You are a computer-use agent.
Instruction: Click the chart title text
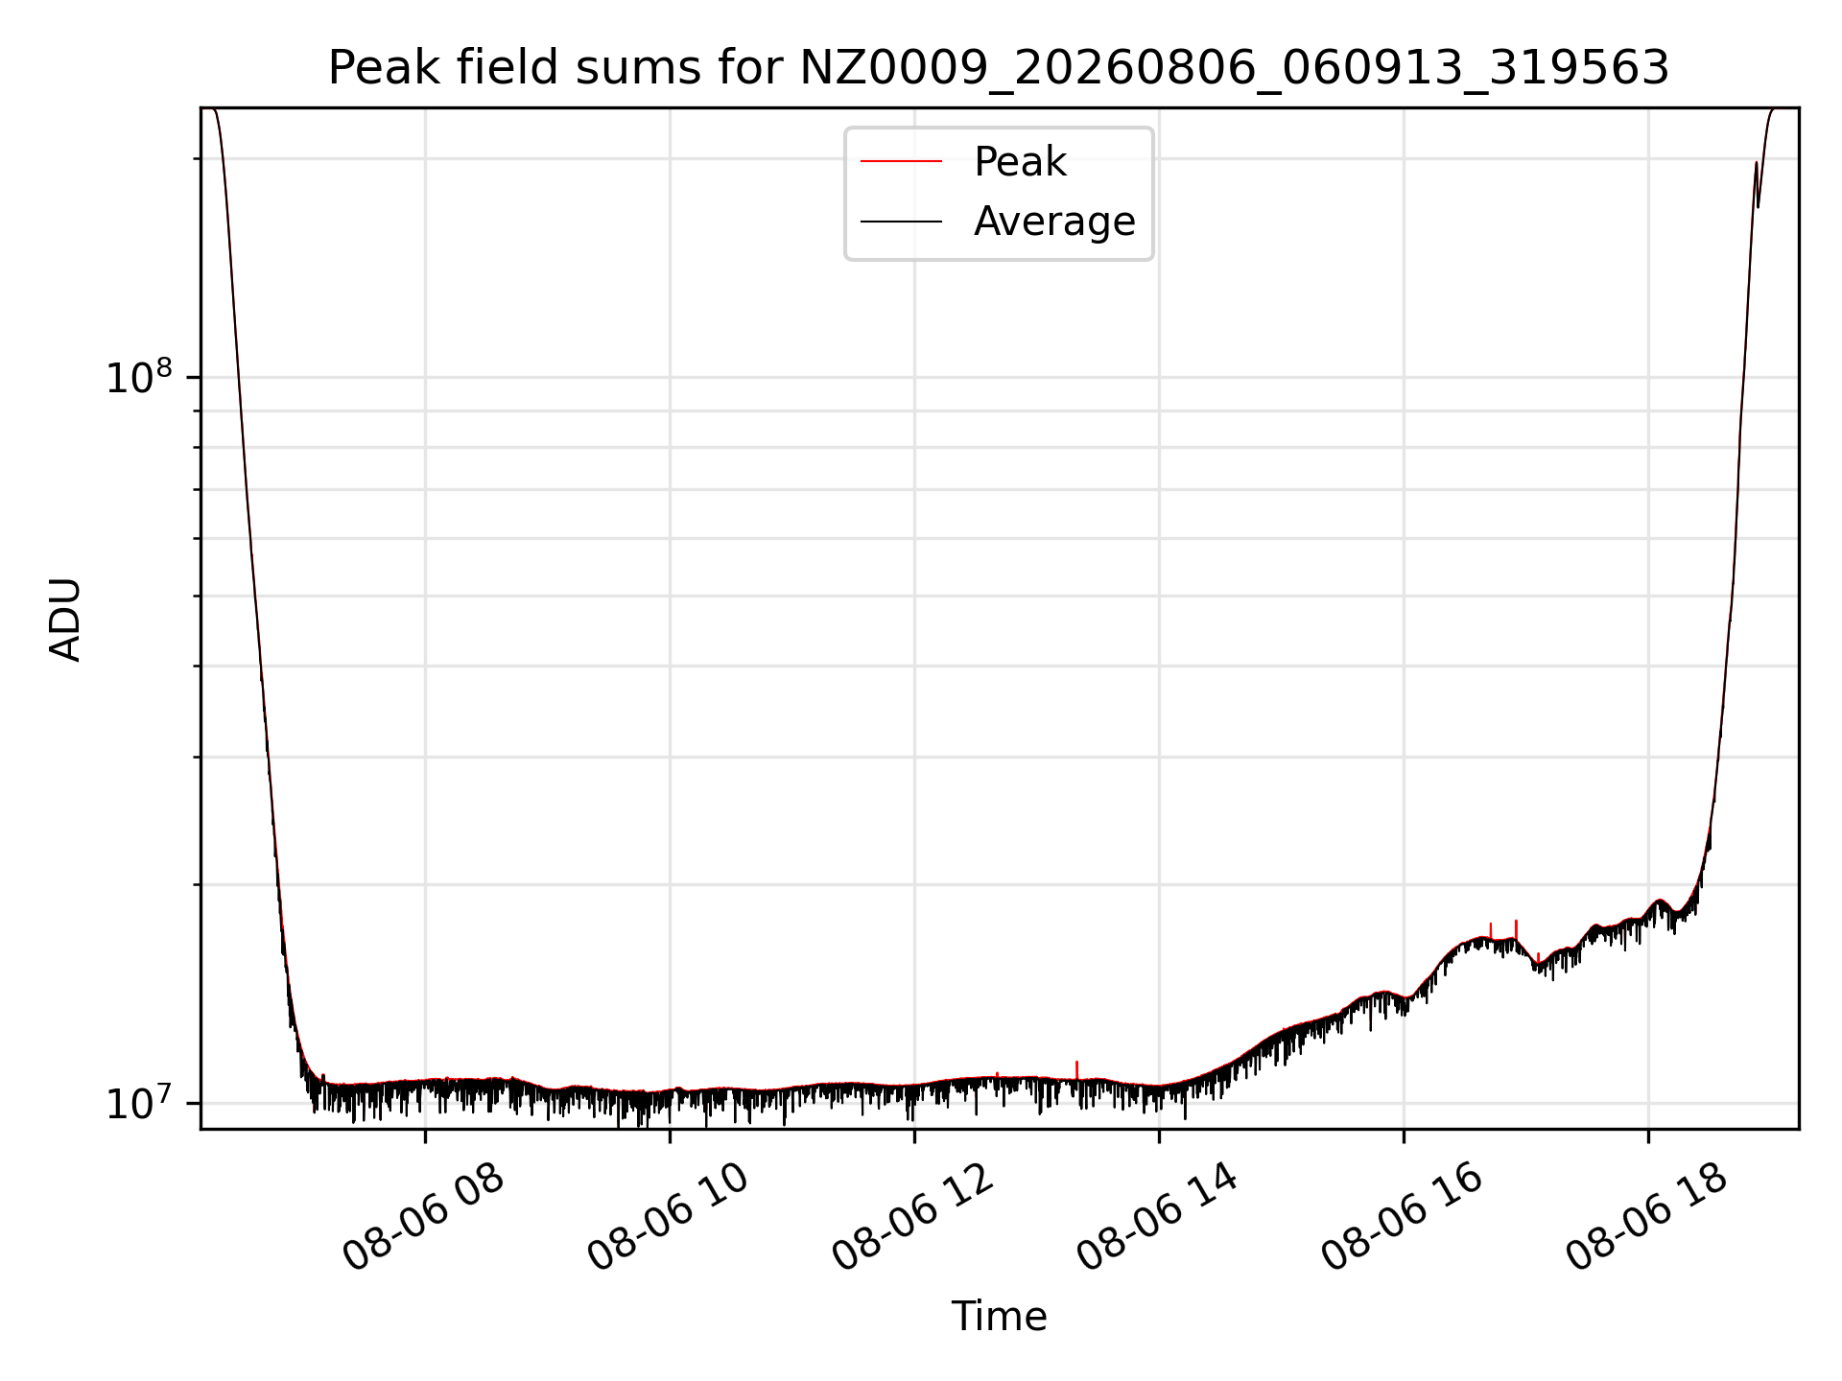click(x=999, y=68)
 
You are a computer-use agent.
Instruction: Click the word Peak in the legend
click(x=1020, y=162)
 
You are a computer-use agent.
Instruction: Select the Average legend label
click(x=1054, y=222)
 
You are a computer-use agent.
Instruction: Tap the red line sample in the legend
click(x=901, y=162)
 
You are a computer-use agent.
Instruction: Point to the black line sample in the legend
click(x=901, y=222)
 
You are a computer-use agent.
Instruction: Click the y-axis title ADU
click(x=65, y=620)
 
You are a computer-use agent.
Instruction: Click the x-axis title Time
click(x=999, y=1317)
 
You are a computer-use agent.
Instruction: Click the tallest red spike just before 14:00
click(x=1077, y=1069)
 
